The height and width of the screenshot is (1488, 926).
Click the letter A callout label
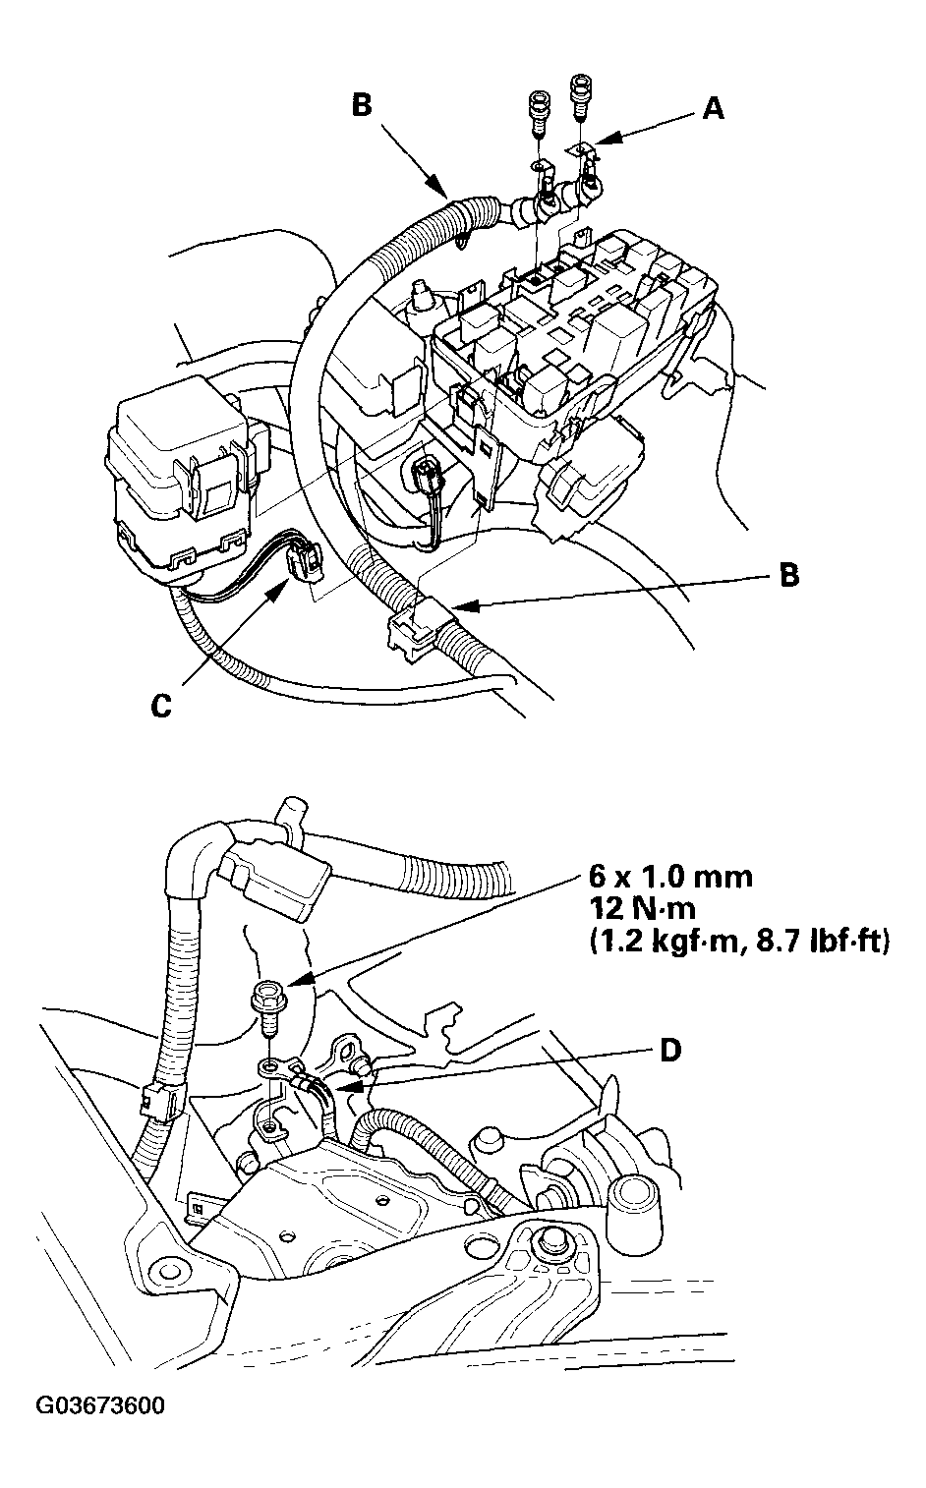[x=713, y=108]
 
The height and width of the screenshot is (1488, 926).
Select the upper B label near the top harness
[x=362, y=105]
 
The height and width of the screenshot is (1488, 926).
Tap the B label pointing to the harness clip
[x=787, y=575]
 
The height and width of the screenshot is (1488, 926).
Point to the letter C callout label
[x=161, y=706]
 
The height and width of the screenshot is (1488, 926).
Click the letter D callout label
[x=669, y=1050]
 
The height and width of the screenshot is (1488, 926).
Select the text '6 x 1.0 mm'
[x=670, y=876]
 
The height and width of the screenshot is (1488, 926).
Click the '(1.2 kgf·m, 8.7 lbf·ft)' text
[x=738, y=942]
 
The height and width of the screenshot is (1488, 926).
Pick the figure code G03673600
[x=100, y=1405]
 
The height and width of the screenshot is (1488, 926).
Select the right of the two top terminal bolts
[x=580, y=96]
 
